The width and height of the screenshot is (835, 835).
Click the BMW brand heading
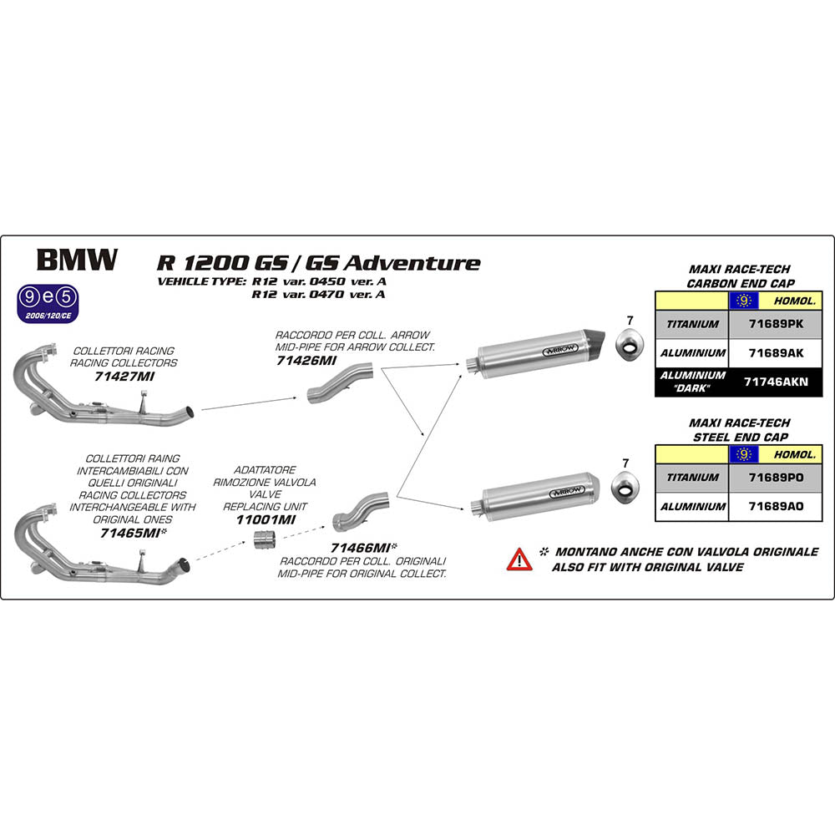(x=74, y=260)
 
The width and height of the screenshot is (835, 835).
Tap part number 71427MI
(x=125, y=377)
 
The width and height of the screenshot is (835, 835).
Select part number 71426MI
(x=306, y=361)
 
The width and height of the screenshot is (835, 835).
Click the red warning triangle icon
(x=519, y=559)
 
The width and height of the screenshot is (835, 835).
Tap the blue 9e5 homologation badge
(x=53, y=297)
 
